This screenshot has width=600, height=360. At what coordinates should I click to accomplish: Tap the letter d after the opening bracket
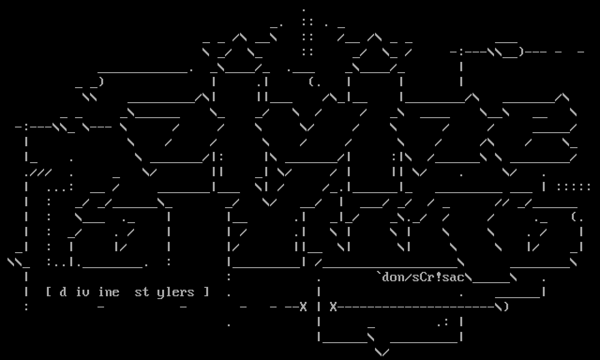coord(63,292)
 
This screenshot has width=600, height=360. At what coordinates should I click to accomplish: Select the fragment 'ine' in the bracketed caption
coord(108,292)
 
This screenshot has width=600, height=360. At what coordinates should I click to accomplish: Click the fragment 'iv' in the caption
coord(82,292)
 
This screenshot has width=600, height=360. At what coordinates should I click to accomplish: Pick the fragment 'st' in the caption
coord(142,292)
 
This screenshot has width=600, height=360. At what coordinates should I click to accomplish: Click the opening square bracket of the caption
coord(48,292)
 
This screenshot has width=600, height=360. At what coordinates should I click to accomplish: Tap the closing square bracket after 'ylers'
coord(206,292)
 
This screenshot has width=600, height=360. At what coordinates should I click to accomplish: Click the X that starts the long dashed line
coord(333,307)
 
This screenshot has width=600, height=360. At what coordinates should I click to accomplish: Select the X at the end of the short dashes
coord(303,307)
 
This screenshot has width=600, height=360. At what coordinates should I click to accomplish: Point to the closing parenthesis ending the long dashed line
coord(506,307)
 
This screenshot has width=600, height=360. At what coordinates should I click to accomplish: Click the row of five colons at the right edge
coord(574,187)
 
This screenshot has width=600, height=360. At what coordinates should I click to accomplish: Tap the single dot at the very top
coord(304,9)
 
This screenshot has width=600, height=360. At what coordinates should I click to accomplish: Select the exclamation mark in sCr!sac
coord(438,277)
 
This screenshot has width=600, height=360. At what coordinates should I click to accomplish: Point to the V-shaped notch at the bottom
coord(382,352)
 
